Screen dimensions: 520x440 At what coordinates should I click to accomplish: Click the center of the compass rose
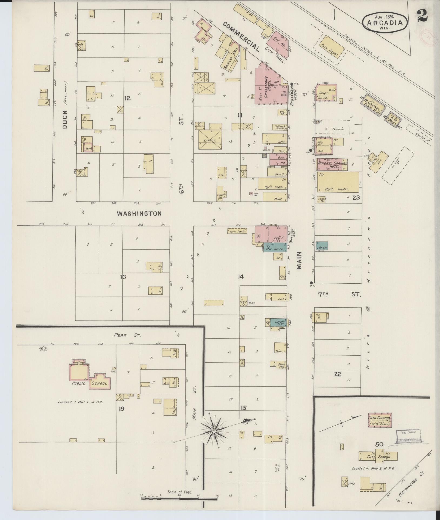click(214, 431)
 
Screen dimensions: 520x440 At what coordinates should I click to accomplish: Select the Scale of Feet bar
click(179, 499)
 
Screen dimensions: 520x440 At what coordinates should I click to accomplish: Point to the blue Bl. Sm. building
click(322, 246)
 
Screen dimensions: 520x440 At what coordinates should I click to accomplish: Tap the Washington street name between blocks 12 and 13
click(139, 213)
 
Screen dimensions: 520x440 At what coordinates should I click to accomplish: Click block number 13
click(123, 277)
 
